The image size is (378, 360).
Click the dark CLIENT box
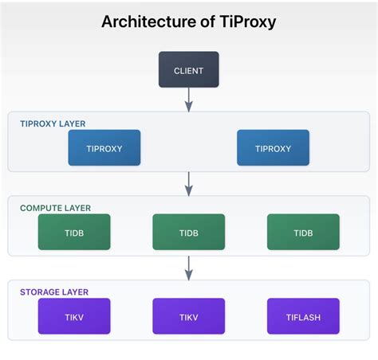click(188, 70)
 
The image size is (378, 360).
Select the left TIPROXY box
click(104, 148)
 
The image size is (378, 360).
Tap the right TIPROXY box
click(273, 148)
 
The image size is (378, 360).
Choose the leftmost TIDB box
click(74, 233)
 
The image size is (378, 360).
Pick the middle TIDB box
click(188, 233)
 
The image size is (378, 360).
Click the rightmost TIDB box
click(303, 233)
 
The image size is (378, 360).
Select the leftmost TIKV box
click(74, 316)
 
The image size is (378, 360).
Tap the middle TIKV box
click(188, 316)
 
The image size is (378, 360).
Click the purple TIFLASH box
click(303, 316)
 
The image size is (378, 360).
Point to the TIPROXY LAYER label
click(53, 124)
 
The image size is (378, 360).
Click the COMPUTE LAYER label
click(55, 208)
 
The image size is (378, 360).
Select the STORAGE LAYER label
click(53, 292)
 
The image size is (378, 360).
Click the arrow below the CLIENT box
click(189, 99)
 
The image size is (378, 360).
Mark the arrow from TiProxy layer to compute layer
click(189, 182)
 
